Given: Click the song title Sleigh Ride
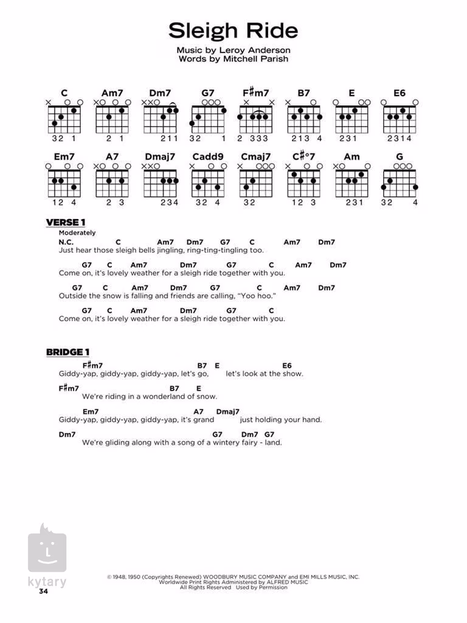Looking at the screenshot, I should [233, 30].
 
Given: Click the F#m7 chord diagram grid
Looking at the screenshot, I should [256, 119].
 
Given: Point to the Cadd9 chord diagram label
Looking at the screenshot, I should [208, 156].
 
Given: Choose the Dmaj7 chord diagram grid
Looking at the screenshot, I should [161, 183].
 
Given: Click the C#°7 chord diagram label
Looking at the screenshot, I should [304, 156].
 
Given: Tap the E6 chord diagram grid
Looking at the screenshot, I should [400, 119].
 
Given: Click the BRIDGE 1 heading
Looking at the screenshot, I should [68, 352].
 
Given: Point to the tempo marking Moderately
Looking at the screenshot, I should [77, 233].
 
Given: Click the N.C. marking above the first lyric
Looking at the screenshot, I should [66, 242].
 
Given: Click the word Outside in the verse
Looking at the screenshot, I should [73, 296].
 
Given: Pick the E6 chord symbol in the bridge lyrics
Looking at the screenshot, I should [287, 366].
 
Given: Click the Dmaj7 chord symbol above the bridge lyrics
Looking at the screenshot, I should [228, 411].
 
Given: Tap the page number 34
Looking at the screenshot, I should [43, 591].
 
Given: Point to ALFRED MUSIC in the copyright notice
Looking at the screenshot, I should [285, 582].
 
